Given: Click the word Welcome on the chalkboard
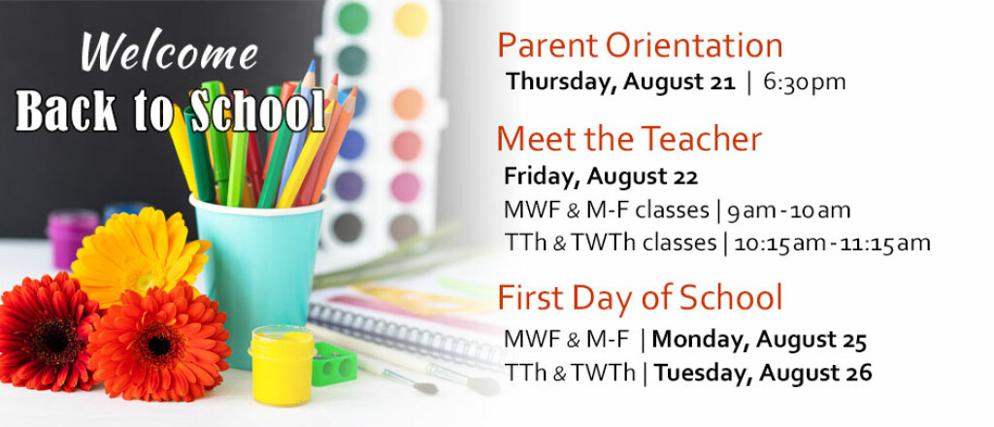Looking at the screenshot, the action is click(x=169, y=51).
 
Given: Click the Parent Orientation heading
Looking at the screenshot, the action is click(x=640, y=47).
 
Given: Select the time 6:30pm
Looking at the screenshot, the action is click(x=805, y=82).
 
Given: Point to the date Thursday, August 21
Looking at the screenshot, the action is click(x=620, y=82).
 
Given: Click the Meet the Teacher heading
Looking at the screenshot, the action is click(x=629, y=139).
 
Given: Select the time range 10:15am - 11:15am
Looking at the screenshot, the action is click(x=832, y=244).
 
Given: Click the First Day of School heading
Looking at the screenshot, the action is click(x=641, y=298).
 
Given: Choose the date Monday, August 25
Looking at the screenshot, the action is click(x=759, y=341).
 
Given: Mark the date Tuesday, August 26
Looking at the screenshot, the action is click(x=763, y=374).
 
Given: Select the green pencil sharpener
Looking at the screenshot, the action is click(x=334, y=364).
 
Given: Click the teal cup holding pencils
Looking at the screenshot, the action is click(x=256, y=279).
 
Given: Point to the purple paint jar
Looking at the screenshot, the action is click(x=73, y=239).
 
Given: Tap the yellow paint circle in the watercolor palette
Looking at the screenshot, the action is click(x=410, y=20).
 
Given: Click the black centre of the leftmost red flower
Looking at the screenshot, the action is click(x=55, y=339).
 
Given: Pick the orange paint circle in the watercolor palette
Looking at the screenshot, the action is click(x=409, y=104).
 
